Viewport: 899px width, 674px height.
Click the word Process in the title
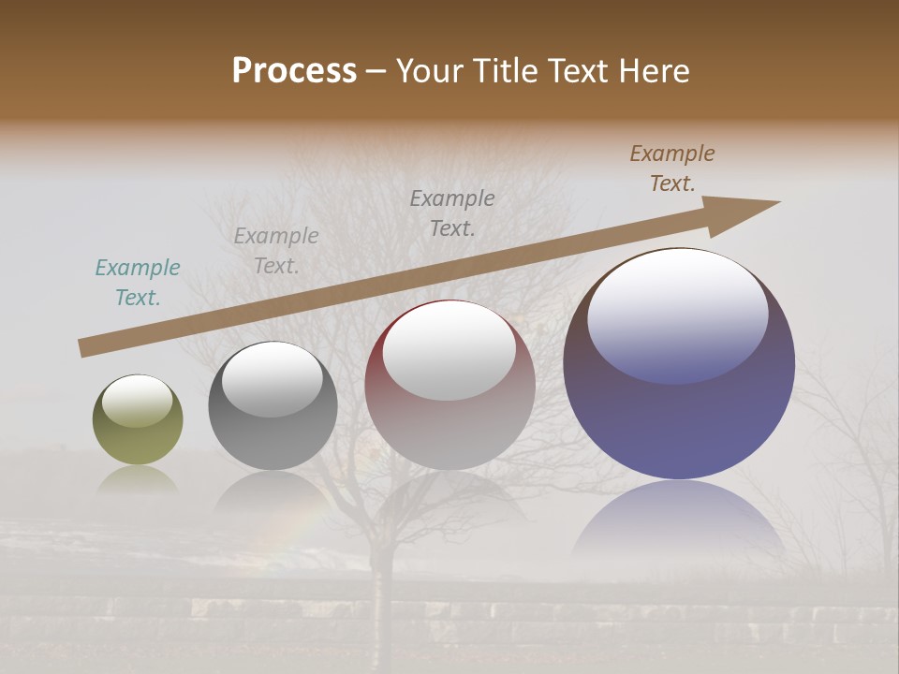(294, 71)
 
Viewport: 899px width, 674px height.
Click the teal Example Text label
(138, 283)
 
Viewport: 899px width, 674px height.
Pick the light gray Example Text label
(276, 251)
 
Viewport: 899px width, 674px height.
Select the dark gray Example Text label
(452, 212)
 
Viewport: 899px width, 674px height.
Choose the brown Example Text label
(672, 168)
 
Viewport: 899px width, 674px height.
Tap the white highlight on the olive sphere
(138, 402)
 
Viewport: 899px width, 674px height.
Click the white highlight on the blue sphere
(678, 314)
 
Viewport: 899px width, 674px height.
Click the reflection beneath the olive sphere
(138, 480)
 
